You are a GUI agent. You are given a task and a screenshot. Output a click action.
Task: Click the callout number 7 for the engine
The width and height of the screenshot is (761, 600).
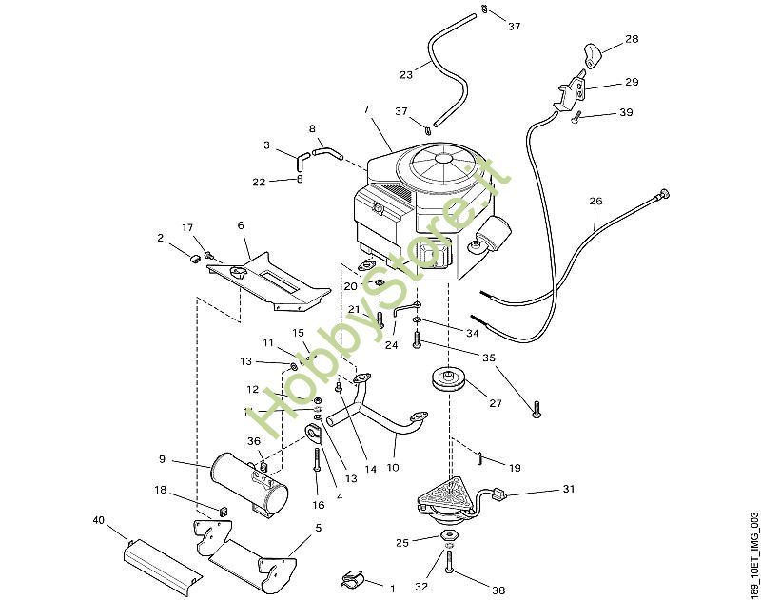(366, 110)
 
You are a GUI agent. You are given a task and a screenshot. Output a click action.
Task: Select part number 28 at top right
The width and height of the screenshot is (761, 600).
(632, 39)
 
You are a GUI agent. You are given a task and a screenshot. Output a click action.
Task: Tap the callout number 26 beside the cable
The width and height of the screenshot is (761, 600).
(595, 202)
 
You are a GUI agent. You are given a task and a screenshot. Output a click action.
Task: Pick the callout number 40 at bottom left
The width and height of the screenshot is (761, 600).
(99, 521)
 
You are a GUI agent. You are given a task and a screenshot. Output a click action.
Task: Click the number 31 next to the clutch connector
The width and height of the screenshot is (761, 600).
(569, 489)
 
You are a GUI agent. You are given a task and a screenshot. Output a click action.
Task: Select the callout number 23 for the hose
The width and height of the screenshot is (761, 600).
(406, 73)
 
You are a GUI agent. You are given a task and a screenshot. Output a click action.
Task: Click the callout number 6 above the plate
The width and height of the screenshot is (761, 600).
(241, 225)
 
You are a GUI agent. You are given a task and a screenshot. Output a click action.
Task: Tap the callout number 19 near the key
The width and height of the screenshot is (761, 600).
(515, 468)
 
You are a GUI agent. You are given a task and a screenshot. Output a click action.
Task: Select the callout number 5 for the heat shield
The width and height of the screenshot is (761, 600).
(319, 527)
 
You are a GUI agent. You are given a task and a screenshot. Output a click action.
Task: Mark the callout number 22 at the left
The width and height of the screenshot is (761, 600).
(259, 182)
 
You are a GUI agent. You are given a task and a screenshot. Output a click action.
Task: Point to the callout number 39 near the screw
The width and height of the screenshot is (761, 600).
(625, 112)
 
